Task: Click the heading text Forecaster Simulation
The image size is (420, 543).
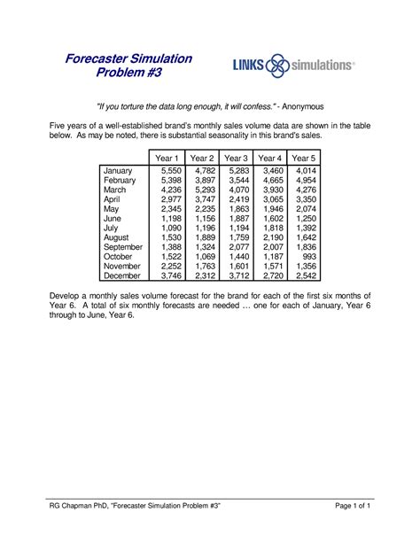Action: (x=130, y=58)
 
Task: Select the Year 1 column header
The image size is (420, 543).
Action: (x=167, y=158)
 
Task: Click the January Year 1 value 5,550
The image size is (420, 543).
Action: (x=169, y=170)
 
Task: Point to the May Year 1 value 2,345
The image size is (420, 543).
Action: (x=169, y=208)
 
